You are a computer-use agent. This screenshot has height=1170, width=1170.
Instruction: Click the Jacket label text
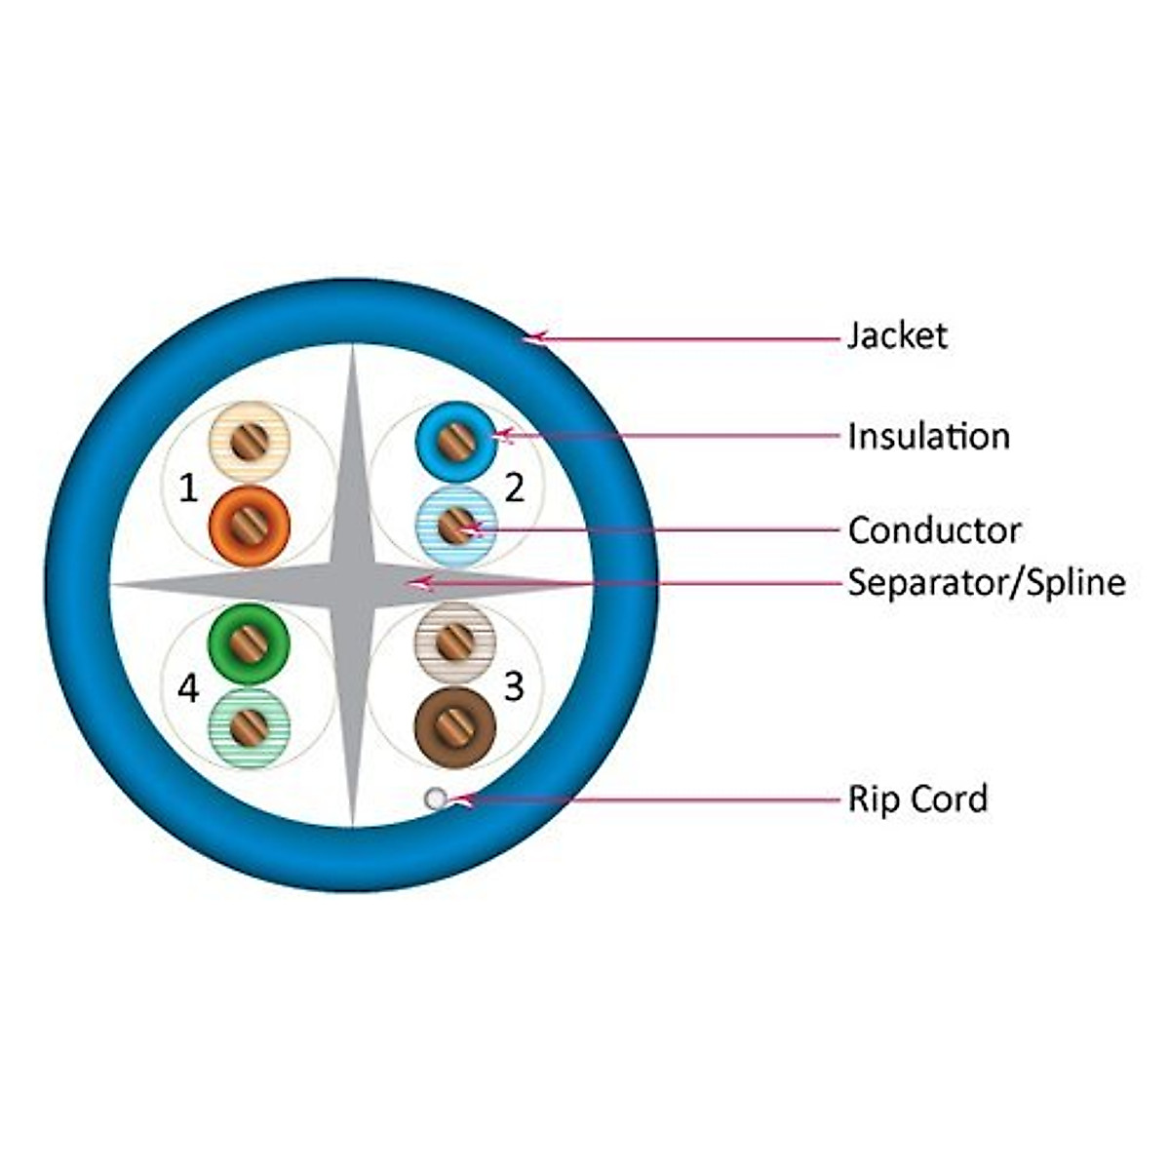point(897,336)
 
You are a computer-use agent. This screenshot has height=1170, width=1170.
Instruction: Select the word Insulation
point(928,436)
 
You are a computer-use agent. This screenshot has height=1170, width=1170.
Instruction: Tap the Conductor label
point(934,530)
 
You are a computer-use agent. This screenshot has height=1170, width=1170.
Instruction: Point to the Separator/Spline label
point(986,583)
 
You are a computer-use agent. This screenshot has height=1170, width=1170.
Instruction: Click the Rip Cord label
point(917,799)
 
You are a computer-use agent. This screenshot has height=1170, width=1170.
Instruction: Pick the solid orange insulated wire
point(250,526)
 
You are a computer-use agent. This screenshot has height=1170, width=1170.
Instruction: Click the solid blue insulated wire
point(455,443)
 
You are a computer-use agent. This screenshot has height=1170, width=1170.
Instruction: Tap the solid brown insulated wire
point(455,726)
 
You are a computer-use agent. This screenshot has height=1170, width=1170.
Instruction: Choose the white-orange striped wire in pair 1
point(250,443)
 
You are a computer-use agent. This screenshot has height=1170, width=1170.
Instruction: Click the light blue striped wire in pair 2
point(455,526)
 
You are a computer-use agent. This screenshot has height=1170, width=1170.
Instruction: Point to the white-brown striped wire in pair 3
point(455,641)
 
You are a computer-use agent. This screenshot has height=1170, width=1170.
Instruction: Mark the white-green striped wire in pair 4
point(250,724)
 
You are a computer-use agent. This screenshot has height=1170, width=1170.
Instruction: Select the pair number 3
point(514,686)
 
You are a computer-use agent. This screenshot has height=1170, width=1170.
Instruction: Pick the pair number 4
point(188,688)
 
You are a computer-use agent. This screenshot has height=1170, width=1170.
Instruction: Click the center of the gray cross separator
point(353,583)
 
